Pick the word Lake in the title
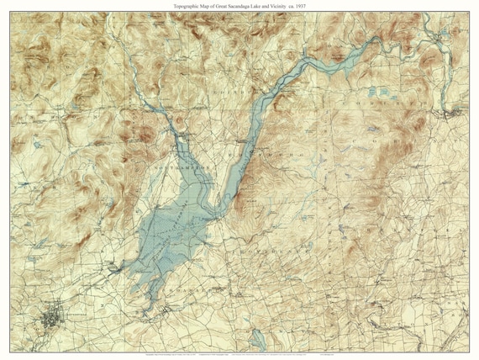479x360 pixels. [x=258, y=6]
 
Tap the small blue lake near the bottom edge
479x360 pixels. [x=258, y=336]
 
